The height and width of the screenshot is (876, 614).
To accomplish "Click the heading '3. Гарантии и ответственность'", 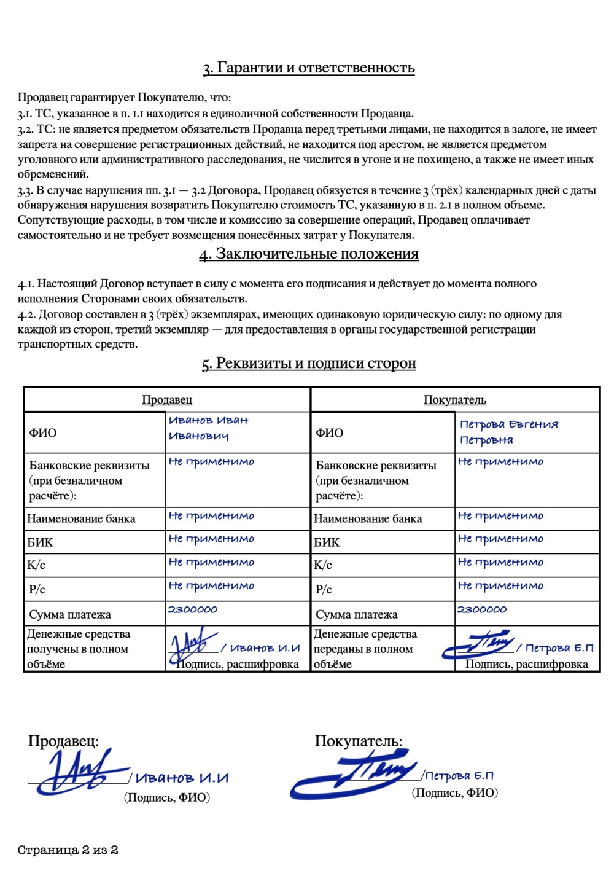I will pos(309,68).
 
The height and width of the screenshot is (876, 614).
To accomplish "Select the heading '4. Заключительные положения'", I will pos(309,254).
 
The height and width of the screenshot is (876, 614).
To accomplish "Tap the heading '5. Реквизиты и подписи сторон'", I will pos(309,364).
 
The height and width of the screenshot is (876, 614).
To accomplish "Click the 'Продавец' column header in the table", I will pos(167,400).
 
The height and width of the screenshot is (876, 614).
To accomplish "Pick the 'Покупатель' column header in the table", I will pos(455,400).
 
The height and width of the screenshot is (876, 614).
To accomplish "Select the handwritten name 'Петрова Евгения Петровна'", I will pos(508,432).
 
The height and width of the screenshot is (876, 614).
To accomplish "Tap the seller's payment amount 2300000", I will pos(193,609).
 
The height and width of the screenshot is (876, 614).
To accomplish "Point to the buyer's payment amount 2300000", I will pos(482,609).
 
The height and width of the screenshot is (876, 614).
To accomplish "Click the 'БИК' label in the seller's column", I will pos(40,542).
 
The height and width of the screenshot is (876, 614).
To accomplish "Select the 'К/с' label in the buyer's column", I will pos(323,565).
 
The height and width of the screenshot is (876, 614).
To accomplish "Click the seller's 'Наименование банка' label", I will pos(81,518).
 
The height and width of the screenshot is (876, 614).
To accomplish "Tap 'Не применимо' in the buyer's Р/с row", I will pos(500,586).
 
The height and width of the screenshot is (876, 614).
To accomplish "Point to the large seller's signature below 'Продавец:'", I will pos(80,771).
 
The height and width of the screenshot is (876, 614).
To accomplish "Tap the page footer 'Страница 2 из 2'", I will pos(68,850).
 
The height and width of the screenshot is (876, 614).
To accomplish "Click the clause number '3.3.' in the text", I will pos(25,190).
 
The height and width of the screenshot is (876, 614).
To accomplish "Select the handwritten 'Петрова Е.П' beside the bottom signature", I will pos(459,776).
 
